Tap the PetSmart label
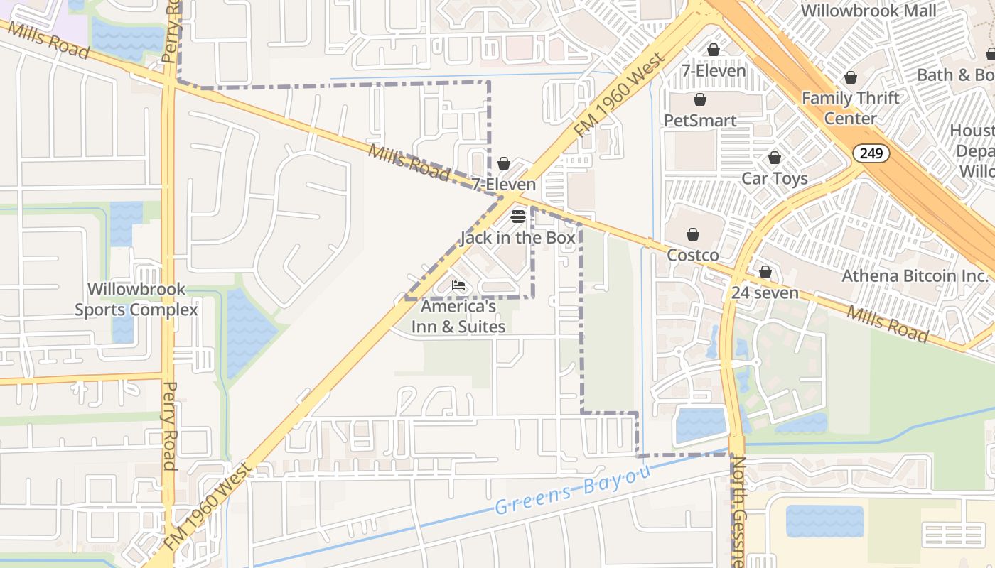click(x=700, y=120)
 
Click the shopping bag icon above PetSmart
click(x=700, y=99)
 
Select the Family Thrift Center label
click(x=851, y=108)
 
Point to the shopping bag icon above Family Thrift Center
click(x=851, y=77)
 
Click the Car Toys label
click(x=775, y=178)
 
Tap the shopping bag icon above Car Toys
click(x=775, y=158)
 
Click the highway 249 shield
click(x=872, y=153)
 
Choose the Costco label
click(x=693, y=255)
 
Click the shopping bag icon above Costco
click(x=693, y=234)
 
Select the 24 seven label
click(x=765, y=293)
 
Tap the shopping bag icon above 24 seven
click(x=765, y=272)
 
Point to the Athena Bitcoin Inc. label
click(x=915, y=275)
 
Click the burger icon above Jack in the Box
click(x=518, y=217)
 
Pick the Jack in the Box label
click(x=518, y=238)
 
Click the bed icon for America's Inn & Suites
click(x=458, y=286)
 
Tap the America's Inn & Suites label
click(x=458, y=317)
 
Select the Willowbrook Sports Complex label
click(x=136, y=300)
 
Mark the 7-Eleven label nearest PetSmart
click(x=714, y=70)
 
